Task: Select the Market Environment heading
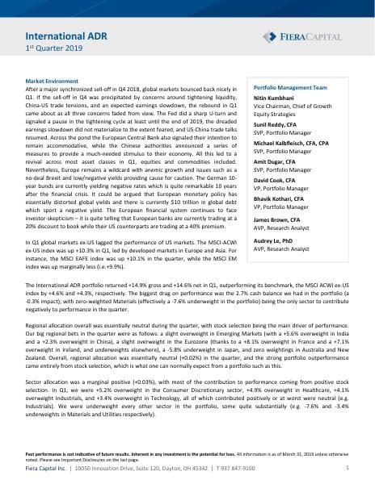coord(53,81)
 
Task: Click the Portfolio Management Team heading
coord(290,86)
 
